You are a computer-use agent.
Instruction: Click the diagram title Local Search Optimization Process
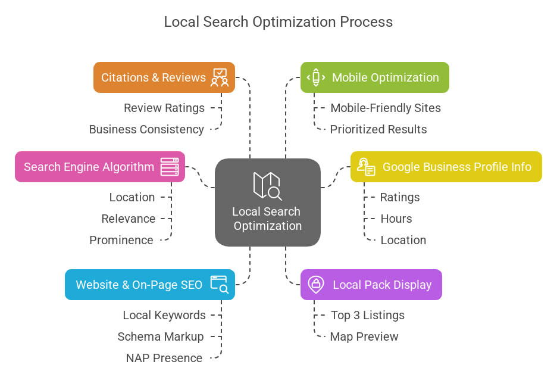click(278, 22)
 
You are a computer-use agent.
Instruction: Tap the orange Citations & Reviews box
click(164, 77)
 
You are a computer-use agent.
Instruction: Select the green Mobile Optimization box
click(374, 77)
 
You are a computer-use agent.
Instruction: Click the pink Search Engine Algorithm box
click(99, 167)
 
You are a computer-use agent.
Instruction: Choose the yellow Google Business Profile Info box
click(446, 167)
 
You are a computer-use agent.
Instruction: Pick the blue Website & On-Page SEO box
click(149, 285)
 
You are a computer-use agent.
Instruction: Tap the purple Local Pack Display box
click(371, 285)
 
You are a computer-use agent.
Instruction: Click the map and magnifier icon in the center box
click(267, 185)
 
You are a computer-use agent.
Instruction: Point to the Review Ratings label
click(164, 108)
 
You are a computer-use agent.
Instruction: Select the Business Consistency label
click(146, 129)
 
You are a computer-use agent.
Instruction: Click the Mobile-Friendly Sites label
click(386, 108)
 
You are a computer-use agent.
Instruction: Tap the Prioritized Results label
click(378, 129)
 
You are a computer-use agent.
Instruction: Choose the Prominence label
click(121, 240)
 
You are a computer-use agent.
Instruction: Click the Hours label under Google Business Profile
click(396, 219)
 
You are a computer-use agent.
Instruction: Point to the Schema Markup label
click(161, 337)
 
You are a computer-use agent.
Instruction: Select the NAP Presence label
click(164, 358)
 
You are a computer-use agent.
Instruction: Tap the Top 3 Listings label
click(368, 315)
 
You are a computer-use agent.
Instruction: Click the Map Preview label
click(364, 337)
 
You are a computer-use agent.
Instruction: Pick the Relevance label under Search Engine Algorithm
click(129, 219)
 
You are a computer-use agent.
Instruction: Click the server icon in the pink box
click(170, 167)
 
